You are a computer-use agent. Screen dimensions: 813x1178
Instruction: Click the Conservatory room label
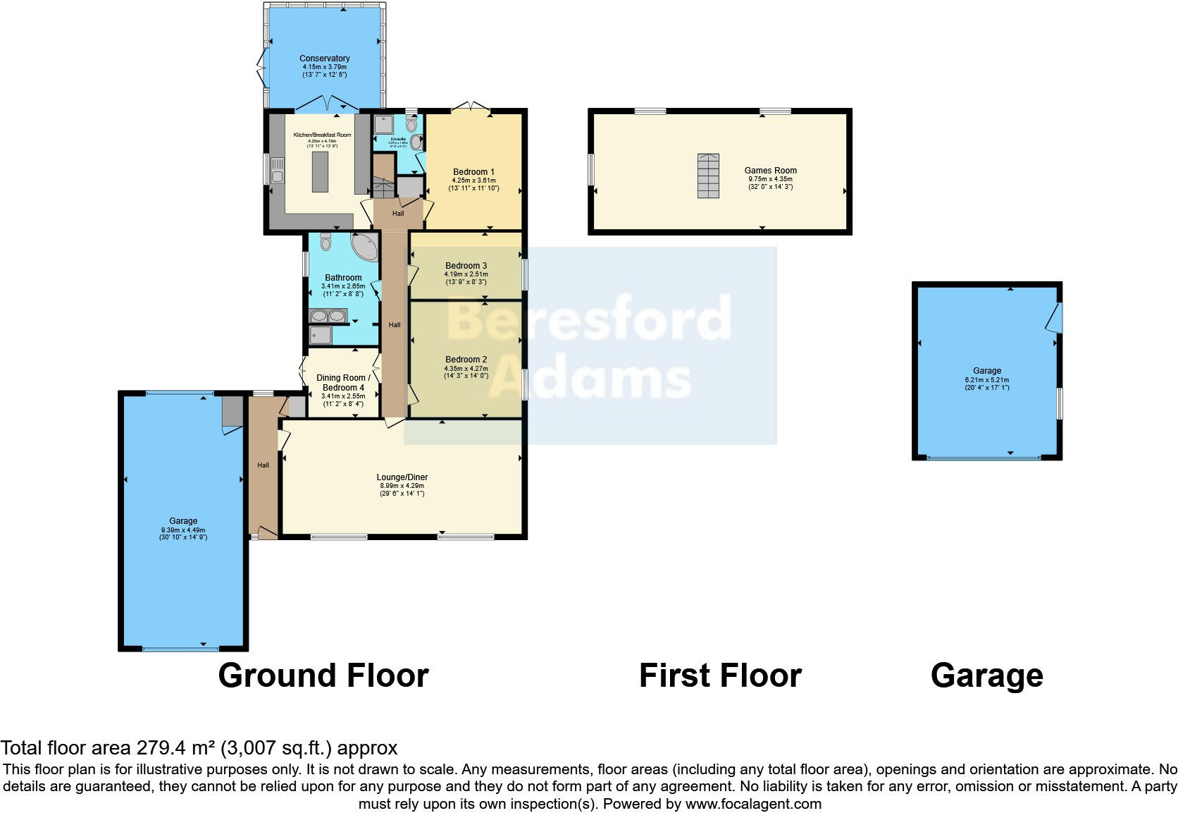click(324, 59)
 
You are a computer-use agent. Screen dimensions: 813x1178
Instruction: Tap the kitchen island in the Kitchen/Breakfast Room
click(320, 172)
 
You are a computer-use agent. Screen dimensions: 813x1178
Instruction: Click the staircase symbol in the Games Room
click(709, 176)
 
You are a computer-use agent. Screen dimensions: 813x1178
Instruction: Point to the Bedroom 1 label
click(473, 172)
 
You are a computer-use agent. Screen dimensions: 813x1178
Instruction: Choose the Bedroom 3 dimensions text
click(466, 279)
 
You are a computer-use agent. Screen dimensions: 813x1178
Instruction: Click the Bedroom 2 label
click(466, 360)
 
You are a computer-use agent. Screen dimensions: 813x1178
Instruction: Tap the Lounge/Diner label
click(402, 477)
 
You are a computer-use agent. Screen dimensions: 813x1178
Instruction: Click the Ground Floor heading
click(323, 676)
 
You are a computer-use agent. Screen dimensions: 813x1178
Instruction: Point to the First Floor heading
click(719, 676)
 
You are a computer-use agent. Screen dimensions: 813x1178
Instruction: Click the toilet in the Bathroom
click(325, 242)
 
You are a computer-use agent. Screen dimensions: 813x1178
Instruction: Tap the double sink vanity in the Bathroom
click(328, 316)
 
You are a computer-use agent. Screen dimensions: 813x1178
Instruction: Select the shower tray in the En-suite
click(384, 124)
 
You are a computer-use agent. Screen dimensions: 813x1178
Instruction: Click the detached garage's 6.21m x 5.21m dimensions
click(986, 384)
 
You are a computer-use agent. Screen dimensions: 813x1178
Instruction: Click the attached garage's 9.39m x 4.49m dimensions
click(183, 534)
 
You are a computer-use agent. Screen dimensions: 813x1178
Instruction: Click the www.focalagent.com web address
click(752, 804)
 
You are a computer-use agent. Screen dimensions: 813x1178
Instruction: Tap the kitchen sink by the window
click(278, 176)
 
